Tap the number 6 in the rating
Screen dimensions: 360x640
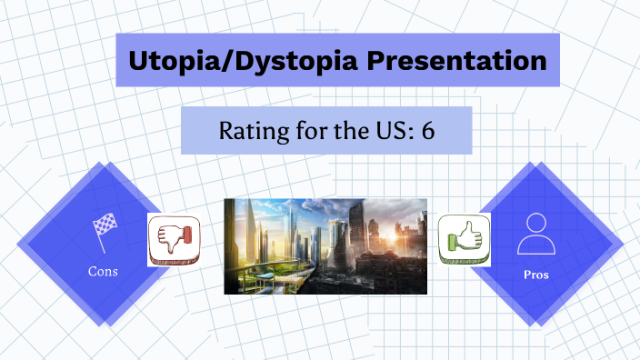(x=428, y=130)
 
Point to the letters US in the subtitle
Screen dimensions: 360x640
(x=391, y=130)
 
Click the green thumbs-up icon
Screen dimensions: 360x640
(x=465, y=238)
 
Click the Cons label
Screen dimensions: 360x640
(x=102, y=270)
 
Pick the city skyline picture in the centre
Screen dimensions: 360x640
(x=325, y=245)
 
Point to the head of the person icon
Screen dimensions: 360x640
(x=535, y=223)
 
